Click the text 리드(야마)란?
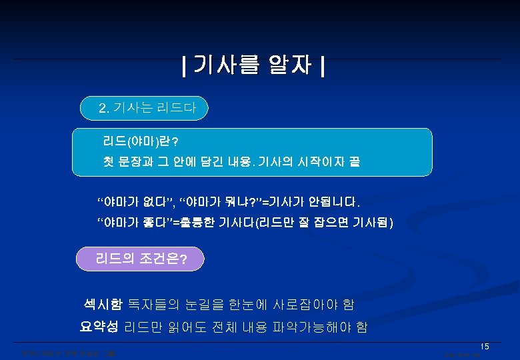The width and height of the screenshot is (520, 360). [x=140, y=141]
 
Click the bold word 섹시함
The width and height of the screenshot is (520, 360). [x=99, y=305]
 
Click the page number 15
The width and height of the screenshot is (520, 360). [x=485, y=346]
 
